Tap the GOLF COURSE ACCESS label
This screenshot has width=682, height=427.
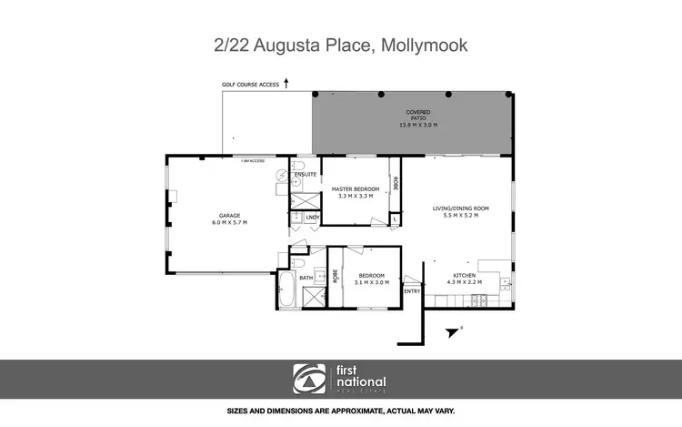click(x=250, y=85)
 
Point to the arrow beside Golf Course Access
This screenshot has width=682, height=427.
click(x=286, y=83)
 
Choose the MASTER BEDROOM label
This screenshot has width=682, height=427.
click(x=355, y=188)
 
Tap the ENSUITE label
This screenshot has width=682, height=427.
click(x=306, y=174)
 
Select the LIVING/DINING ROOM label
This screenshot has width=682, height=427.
click(x=460, y=208)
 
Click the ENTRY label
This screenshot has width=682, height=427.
click(x=411, y=290)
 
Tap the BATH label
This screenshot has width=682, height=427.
click(x=306, y=278)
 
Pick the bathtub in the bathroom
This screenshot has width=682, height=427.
click(x=286, y=290)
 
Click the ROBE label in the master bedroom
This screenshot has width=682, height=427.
click(x=396, y=183)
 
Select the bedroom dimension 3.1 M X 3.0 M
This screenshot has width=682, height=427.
click(x=371, y=282)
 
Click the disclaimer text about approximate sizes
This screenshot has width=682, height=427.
click(x=341, y=412)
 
